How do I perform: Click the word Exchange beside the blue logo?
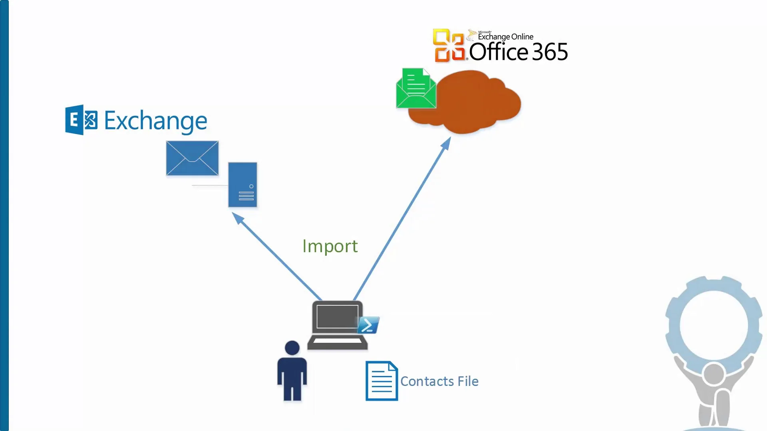[x=155, y=121]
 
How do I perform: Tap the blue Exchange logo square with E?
[x=81, y=120]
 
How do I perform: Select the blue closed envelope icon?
[x=192, y=158]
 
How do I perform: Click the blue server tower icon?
[x=242, y=185]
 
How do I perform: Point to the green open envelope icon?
[x=416, y=89]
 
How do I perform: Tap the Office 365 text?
[x=518, y=52]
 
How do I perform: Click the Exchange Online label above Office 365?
[x=505, y=37]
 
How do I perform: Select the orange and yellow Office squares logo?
[x=449, y=45]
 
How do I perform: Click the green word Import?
[x=330, y=246]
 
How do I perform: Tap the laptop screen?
[x=337, y=317]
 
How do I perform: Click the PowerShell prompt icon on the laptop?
[x=368, y=325]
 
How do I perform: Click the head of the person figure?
[x=292, y=348]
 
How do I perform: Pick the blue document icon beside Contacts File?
[x=382, y=381]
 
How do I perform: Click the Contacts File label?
[x=439, y=382]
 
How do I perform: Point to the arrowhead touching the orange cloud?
[x=447, y=142]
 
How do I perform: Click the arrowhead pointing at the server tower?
[x=237, y=217]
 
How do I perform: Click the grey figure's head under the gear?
[x=713, y=374]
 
